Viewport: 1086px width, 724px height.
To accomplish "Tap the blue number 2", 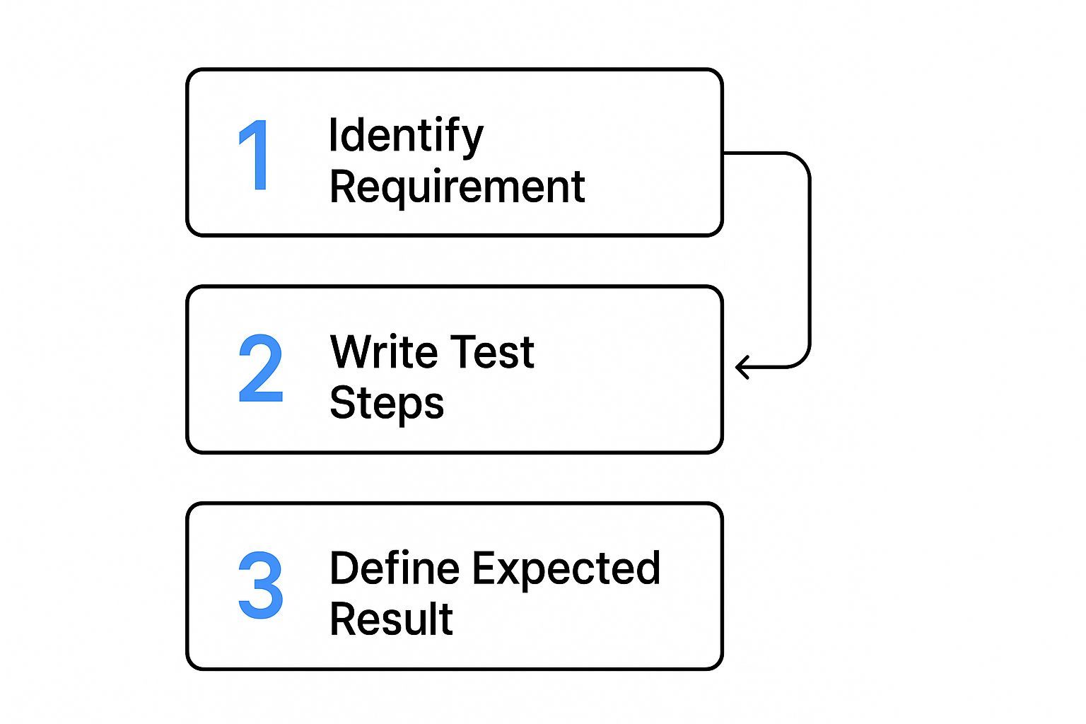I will tap(260, 368).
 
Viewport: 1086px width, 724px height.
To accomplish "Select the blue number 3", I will tap(260, 585).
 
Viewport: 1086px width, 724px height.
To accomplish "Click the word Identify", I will tap(406, 136).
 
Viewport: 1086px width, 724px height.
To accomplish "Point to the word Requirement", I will tap(457, 187).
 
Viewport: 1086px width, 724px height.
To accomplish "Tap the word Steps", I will tap(387, 404).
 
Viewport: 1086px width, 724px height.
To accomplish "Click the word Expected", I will tap(566, 569).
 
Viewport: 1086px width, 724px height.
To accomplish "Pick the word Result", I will tap(391, 619).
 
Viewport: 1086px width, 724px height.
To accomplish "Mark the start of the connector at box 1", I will tap(726, 153).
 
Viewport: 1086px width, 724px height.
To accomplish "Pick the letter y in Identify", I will tap(473, 139).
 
